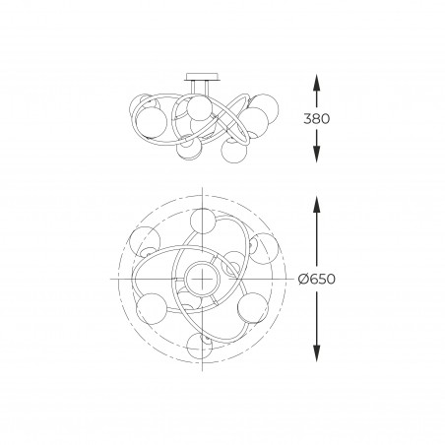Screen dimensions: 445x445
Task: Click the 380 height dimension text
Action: point(316,118)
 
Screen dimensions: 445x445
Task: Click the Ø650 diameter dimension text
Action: point(317,279)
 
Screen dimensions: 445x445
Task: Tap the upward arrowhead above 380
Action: point(316,83)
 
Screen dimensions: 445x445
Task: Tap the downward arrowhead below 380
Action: point(316,154)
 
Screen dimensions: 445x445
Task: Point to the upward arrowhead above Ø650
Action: point(316,205)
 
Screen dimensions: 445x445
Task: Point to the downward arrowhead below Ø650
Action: point(316,353)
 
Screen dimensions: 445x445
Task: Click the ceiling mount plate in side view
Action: point(201,77)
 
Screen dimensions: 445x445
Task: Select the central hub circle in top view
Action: point(202,279)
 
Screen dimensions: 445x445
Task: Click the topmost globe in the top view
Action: point(203,221)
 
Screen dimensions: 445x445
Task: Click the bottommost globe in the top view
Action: point(199,346)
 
